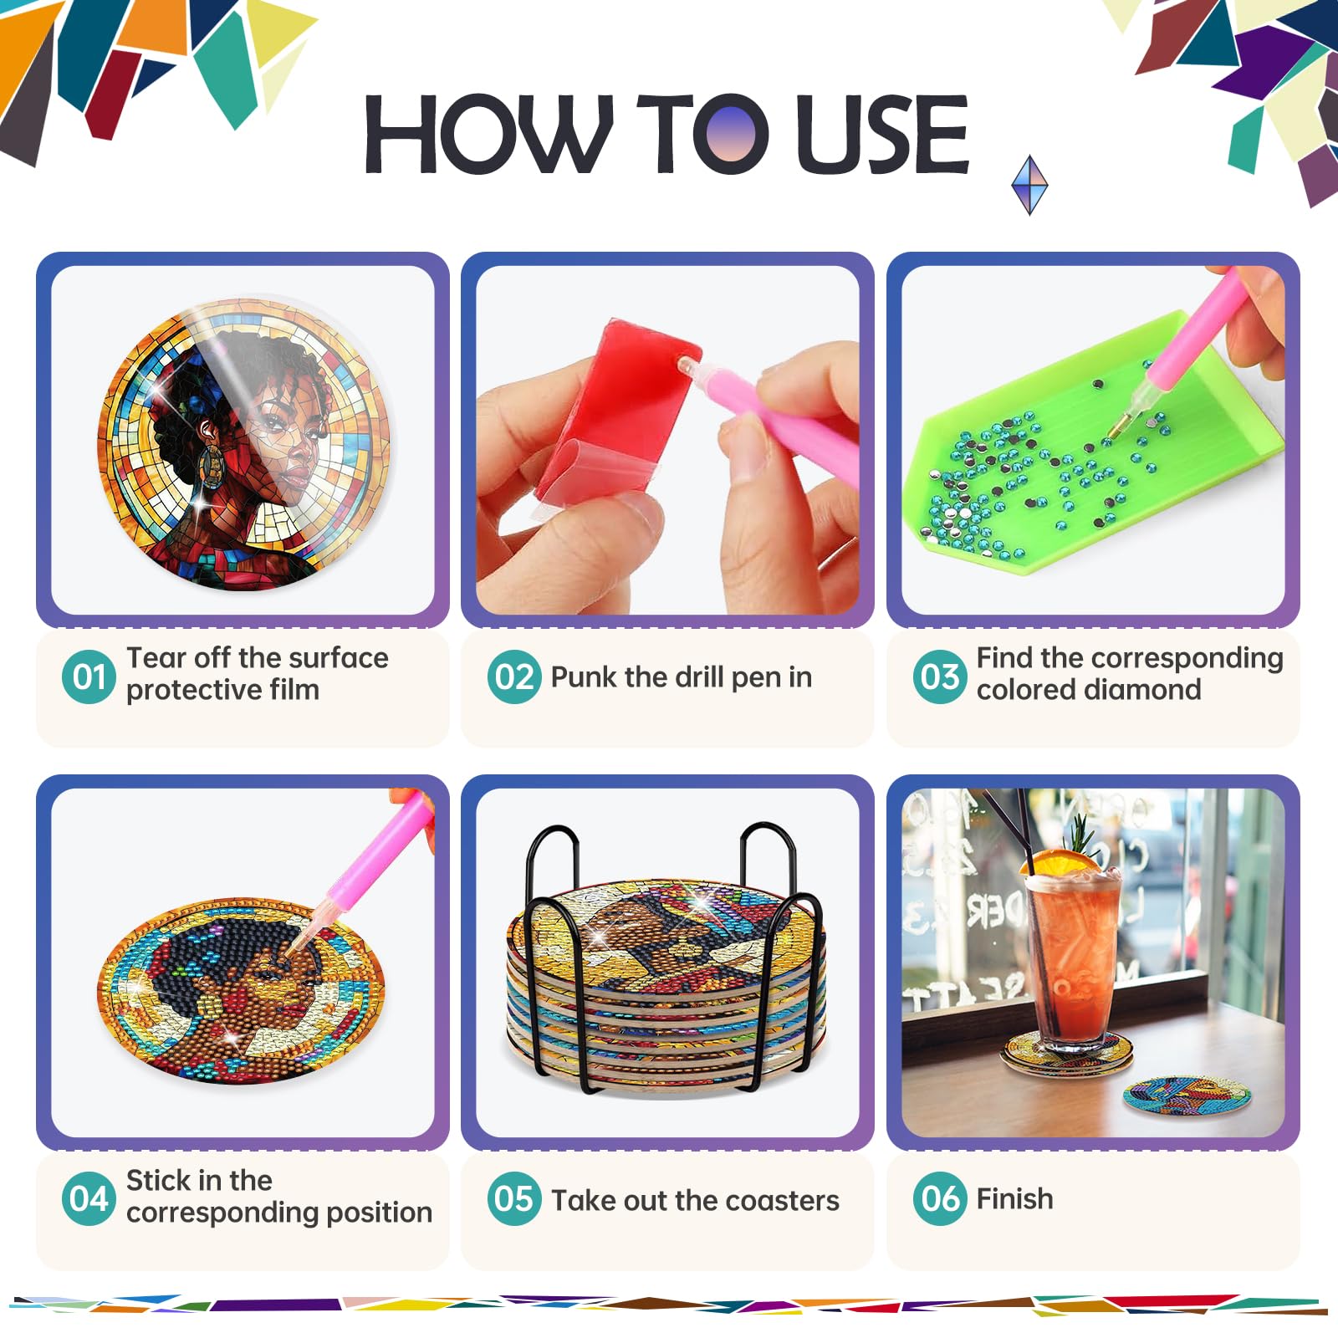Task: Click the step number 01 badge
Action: tap(89, 677)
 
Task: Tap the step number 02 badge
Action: tap(514, 677)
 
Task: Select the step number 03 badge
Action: tap(940, 677)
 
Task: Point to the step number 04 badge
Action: tap(89, 1198)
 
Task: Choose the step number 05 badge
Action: tap(514, 1198)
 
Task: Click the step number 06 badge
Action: tap(940, 1198)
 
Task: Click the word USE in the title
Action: tap(882, 134)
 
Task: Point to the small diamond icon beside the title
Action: tap(1029, 184)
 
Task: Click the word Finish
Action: tap(1014, 1198)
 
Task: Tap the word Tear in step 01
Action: tap(156, 658)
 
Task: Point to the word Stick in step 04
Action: tap(159, 1180)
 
